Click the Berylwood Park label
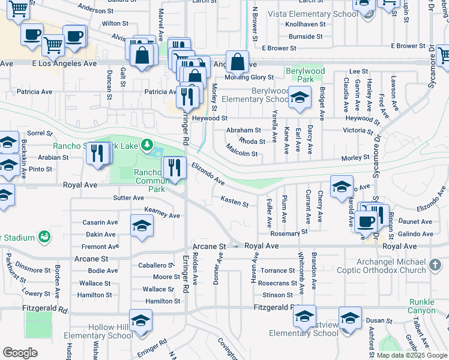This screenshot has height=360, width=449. point(305,75)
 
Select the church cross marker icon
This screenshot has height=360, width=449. point(437,264)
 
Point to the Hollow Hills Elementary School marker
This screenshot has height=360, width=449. point(141,321)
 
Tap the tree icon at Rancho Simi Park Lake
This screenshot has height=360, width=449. point(146,145)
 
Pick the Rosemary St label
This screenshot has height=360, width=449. point(289,232)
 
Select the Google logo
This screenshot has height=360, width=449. point(20,352)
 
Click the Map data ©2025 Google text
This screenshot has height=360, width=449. point(411,355)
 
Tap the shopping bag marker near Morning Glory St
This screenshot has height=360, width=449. point(238,61)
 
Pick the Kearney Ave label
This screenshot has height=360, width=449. point(162,215)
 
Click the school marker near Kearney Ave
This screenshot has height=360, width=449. point(142,226)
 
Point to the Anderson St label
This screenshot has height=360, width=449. point(95,10)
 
